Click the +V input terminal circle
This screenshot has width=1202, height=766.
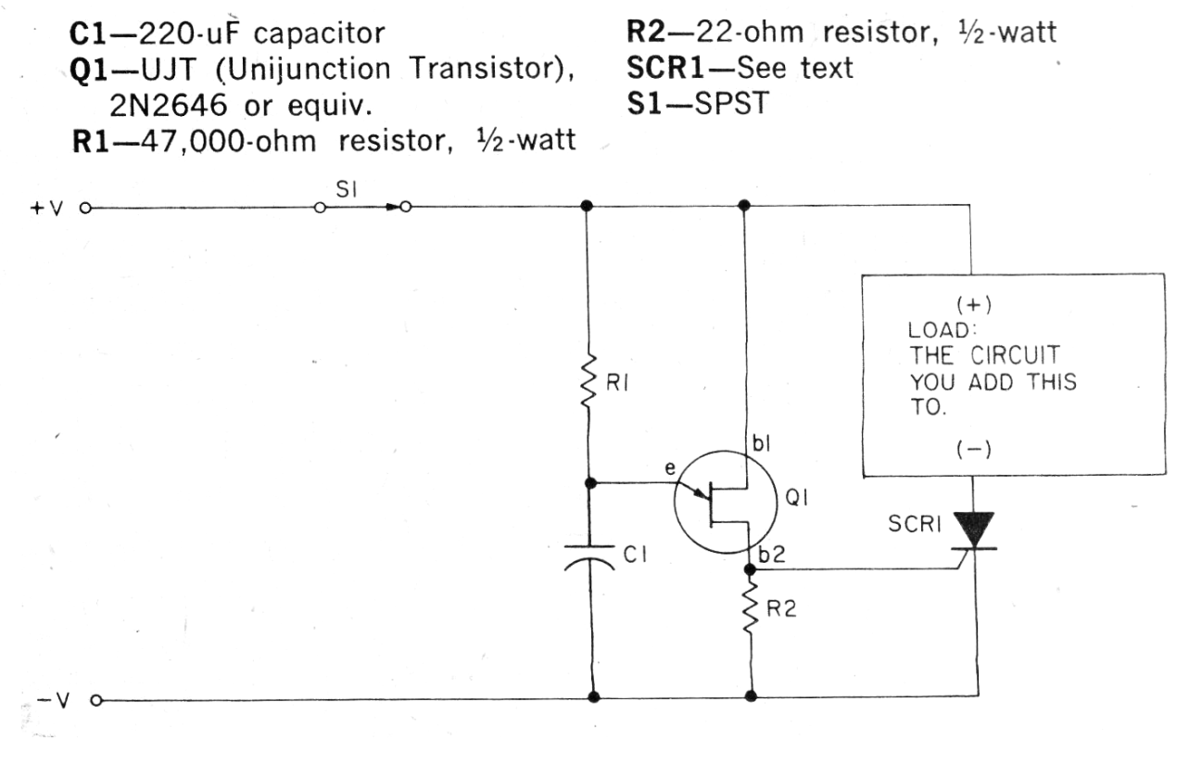(85, 209)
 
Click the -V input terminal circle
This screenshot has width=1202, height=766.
(96, 700)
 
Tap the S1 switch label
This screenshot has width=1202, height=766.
(346, 189)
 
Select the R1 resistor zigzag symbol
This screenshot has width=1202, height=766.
(588, 382)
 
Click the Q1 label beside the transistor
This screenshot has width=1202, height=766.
(796, 498)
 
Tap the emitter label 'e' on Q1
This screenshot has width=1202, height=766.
(670, 468)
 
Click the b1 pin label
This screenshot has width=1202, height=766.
(762, 443)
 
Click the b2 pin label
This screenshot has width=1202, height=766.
(772, 555)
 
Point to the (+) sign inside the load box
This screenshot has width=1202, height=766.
(974, 305)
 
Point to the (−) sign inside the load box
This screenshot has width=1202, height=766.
(974, 449)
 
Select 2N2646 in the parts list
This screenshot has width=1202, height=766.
(169, 105)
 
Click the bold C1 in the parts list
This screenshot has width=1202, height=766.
(89, 33)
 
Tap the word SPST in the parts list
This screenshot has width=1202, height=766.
(732, 103)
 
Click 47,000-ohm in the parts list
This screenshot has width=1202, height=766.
(229, 142)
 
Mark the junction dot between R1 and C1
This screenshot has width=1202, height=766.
(590, 483)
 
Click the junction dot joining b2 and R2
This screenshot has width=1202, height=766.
(750, 569)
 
